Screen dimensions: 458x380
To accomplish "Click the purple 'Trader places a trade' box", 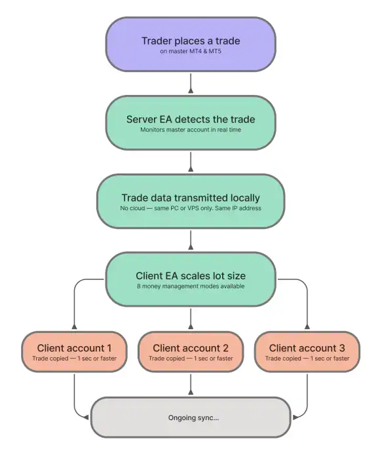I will click(x=190, y=44).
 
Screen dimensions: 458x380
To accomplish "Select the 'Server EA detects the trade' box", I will click(x=190, y=123).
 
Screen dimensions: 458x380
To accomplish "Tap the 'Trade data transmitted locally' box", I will click(x=190, y=202).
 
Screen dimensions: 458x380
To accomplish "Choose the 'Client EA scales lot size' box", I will click(x=190, y=280).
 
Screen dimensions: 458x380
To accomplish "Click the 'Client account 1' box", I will click(x=74, y=352).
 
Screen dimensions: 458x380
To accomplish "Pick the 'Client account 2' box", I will click(x=190, y=352).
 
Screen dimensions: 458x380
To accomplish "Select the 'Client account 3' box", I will click(x=306, y=352).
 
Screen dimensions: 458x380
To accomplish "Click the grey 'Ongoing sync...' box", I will click(x=190, y=417).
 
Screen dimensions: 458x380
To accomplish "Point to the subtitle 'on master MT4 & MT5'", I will click(x=190, y=51).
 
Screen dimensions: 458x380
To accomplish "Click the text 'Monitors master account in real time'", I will click(x=190, y=130).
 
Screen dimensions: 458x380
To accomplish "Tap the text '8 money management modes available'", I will click(x=190, y=287).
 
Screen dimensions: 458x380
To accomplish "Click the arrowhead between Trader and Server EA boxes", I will click(x=190, y=91).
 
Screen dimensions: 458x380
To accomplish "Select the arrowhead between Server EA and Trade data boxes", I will click(x=190, y=169).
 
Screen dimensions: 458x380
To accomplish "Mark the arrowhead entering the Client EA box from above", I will click(x=190, y=248).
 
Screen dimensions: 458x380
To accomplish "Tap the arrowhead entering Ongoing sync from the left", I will click(x=86, y=417).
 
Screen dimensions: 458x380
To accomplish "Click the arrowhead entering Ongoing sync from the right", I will click(x=295, y=417).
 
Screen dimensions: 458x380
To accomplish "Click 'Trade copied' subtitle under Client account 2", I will click(x=168, y=359).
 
